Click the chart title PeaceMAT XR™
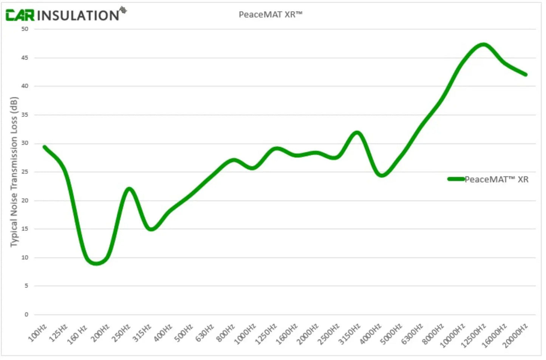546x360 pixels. [271, 15]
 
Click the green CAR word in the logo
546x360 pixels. [20, 15]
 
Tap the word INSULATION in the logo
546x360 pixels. [78, 16]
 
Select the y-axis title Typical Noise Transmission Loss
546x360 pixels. [14, 172]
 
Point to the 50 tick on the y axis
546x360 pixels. [25, 29]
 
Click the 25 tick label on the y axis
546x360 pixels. [25, 172]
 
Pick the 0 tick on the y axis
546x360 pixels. [26, 315]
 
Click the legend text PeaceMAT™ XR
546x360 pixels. [496, 180]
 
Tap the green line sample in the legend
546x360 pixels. [456, 179]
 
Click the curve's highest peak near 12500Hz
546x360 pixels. [483, 45]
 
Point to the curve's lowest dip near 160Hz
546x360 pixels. [96, 263]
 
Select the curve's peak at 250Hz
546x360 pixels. [129, 189]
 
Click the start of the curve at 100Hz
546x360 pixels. [45, 147]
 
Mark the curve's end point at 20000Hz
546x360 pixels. [525, 74]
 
